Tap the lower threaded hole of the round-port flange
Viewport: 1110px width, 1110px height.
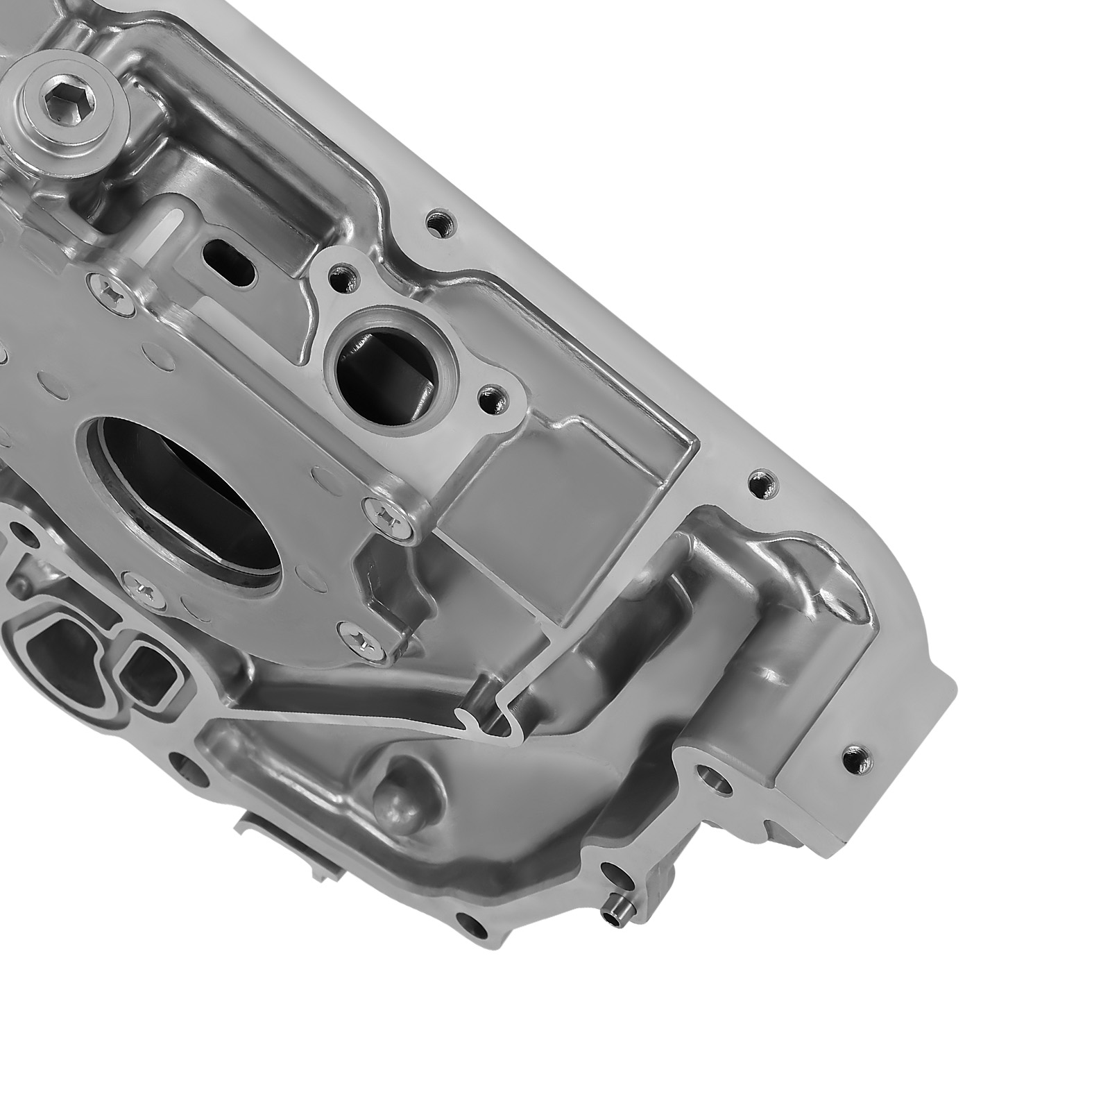pyautogui.click(x=493, y=399)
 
